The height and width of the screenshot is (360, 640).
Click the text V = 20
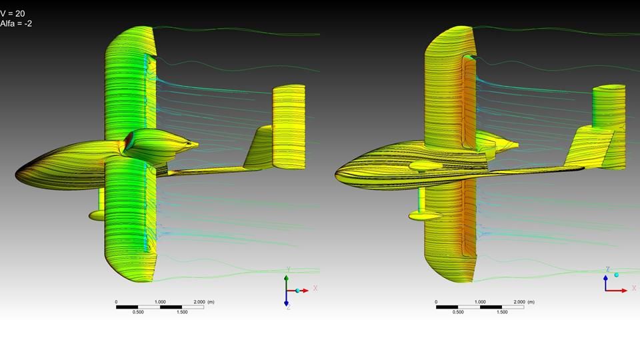tap(12, 13)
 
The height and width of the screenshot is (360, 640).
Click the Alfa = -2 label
tap(16, 23)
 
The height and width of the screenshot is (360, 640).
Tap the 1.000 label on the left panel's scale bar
tap(160, 301)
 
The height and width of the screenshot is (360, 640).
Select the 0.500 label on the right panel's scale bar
tap(458, 312)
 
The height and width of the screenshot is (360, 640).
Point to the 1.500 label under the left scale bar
tap(182, 312)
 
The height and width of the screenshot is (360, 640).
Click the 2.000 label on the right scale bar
tap(519, 301)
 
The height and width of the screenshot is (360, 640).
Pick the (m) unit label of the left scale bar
tap(211, 301)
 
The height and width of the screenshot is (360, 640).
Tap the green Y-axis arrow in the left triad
tap(287, 283)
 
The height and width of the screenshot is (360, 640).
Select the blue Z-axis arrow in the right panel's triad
tap(606, 283)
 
